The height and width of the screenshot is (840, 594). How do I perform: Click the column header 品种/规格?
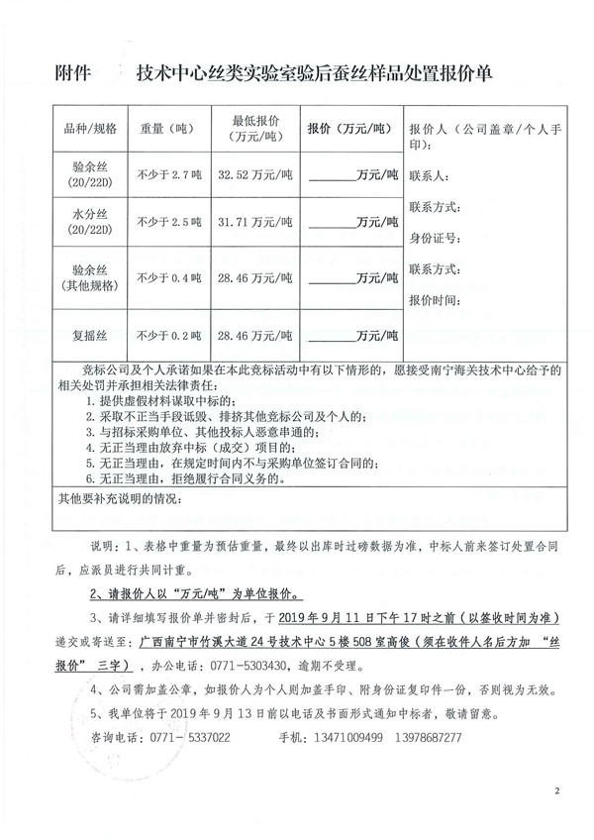click(90, 129)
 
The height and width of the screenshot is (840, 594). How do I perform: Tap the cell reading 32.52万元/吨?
click(256, 174)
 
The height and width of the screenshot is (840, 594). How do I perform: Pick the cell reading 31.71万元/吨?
click(256, 221)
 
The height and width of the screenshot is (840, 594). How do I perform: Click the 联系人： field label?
click(428, 176)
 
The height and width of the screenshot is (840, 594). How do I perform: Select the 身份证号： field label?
click(433, 238)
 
